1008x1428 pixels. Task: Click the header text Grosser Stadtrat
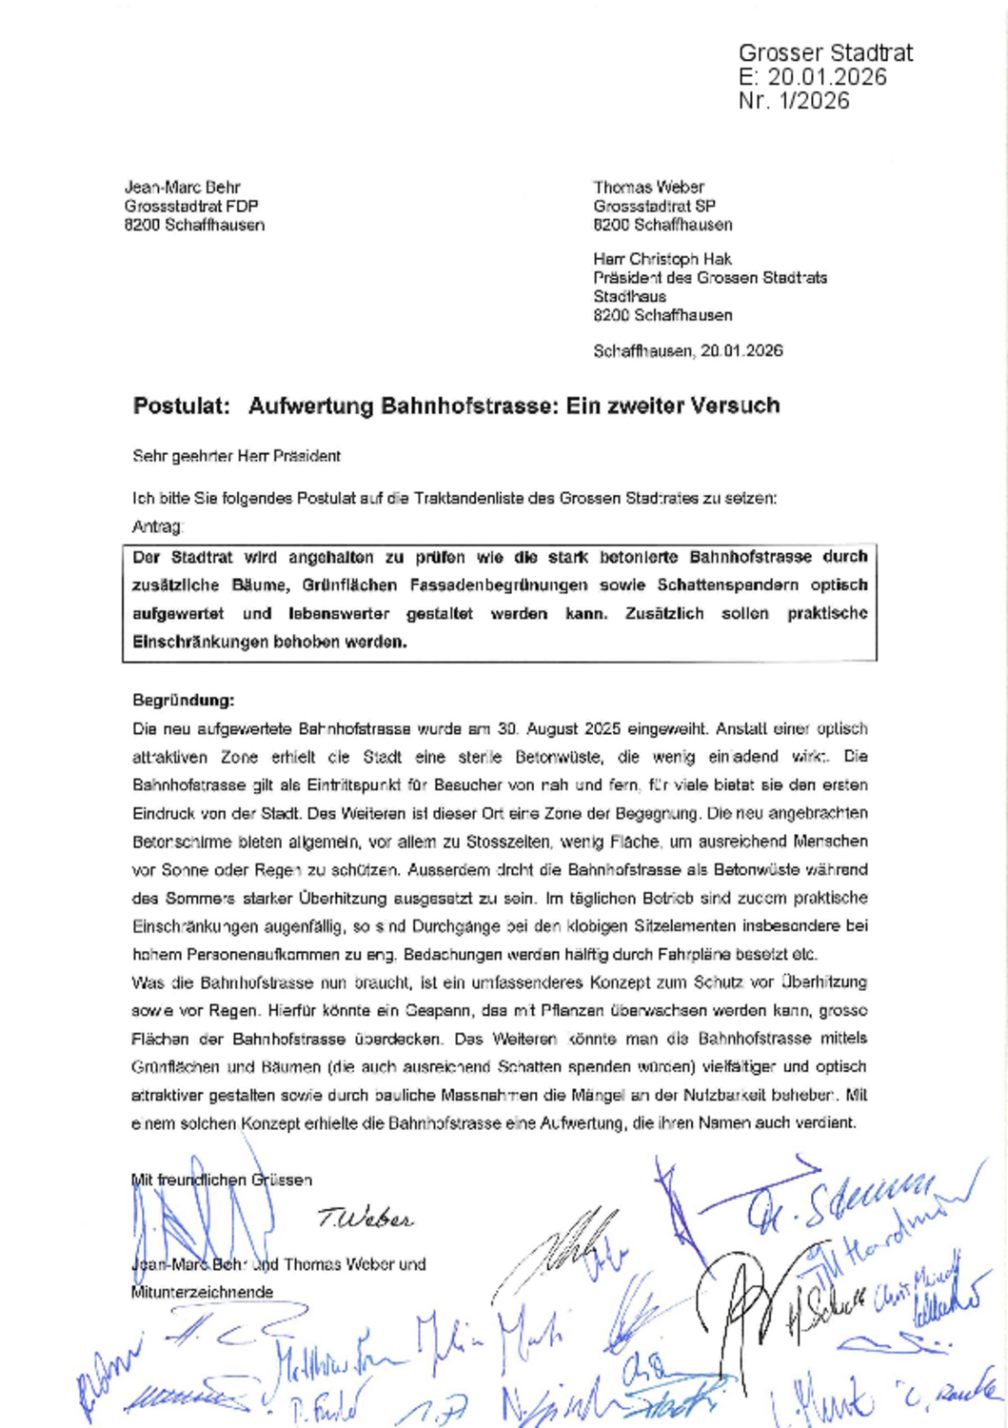pyautogui.click(x=825, y=52)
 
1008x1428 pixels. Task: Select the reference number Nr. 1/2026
pyautogui.click(x=793, y=101)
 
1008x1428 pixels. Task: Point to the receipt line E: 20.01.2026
pyautogui.click(x=812, y=77)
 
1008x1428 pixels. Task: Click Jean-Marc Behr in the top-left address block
pyautogui.click(x=182, y=188)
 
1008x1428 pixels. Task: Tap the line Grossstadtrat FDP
pyautogui.click(x=190, y=207)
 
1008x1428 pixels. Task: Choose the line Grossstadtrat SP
pyautogui.click(x=654, y=207)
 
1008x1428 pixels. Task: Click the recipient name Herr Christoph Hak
pyautogui.click(x=662, y=259)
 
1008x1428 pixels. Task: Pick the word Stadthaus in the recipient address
pyautogui.click(x=629, y=296)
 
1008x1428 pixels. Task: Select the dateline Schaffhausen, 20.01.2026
pyautogui.click(x=687, y=351)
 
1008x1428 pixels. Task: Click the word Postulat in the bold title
pyautogui.click(x=181, y=406)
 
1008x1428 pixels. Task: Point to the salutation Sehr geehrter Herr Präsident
pyautogui.click(x=236, y=456)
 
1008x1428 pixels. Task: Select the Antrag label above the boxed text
pyautogui.click(x=156, y=526)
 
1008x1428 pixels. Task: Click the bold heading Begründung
pyautogui.click(x=183, y=701)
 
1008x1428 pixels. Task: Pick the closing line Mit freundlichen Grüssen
pyautogui.click(x=221, y=1180)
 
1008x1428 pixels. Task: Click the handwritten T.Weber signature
pyautogui.click(x=366, y=1219)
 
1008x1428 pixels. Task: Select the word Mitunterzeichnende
pyautogui.click(x=202, y=1292)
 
